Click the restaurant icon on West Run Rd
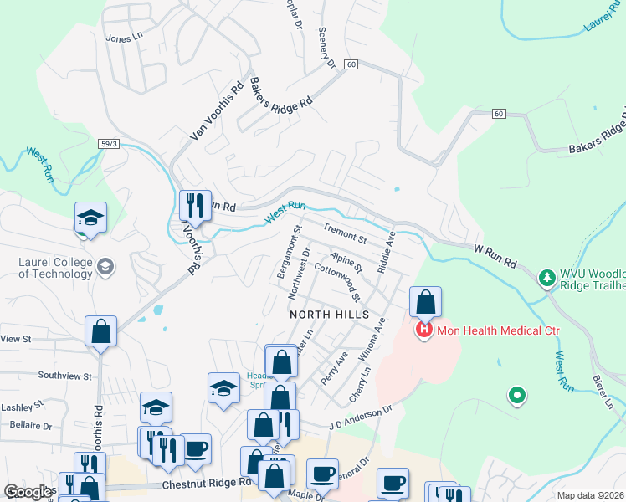pyautogui.click(x=195, y=205)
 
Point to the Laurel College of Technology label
pyautogui.click(x=53, y=267)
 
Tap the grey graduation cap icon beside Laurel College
pyautogui.click(x=106, y=267)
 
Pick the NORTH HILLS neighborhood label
pyautogui.click(x=329, y=315)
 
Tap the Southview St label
pyautogui.click(x=64, y=376)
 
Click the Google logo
pyautogui.click(x=28, y=492)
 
